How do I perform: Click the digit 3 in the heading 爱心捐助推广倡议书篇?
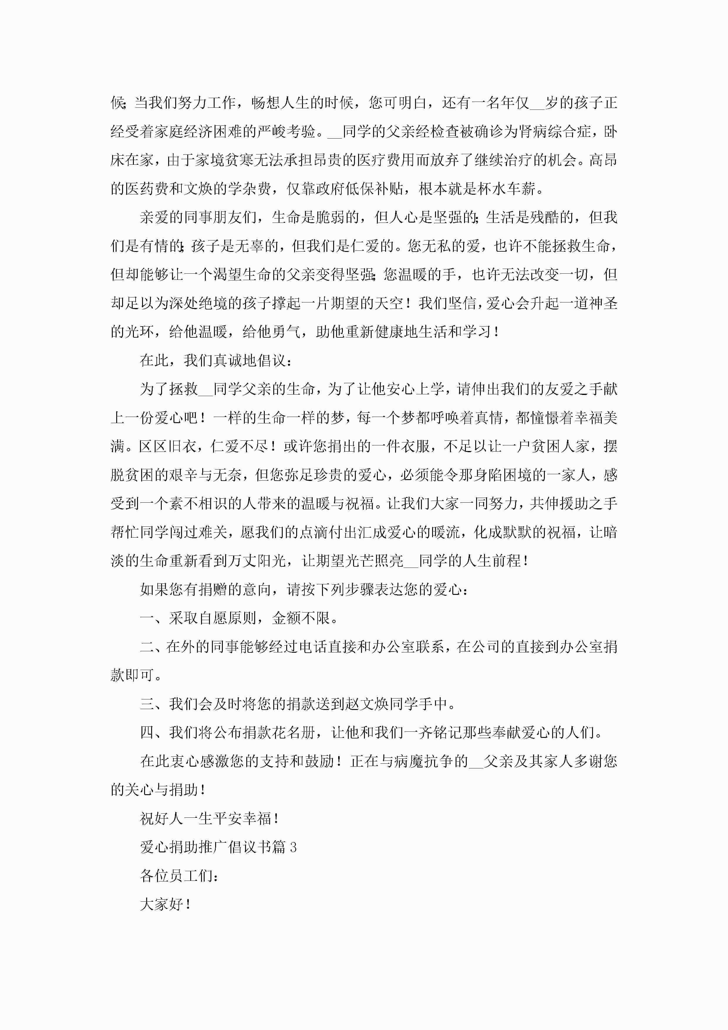293,847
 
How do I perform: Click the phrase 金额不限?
301,618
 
